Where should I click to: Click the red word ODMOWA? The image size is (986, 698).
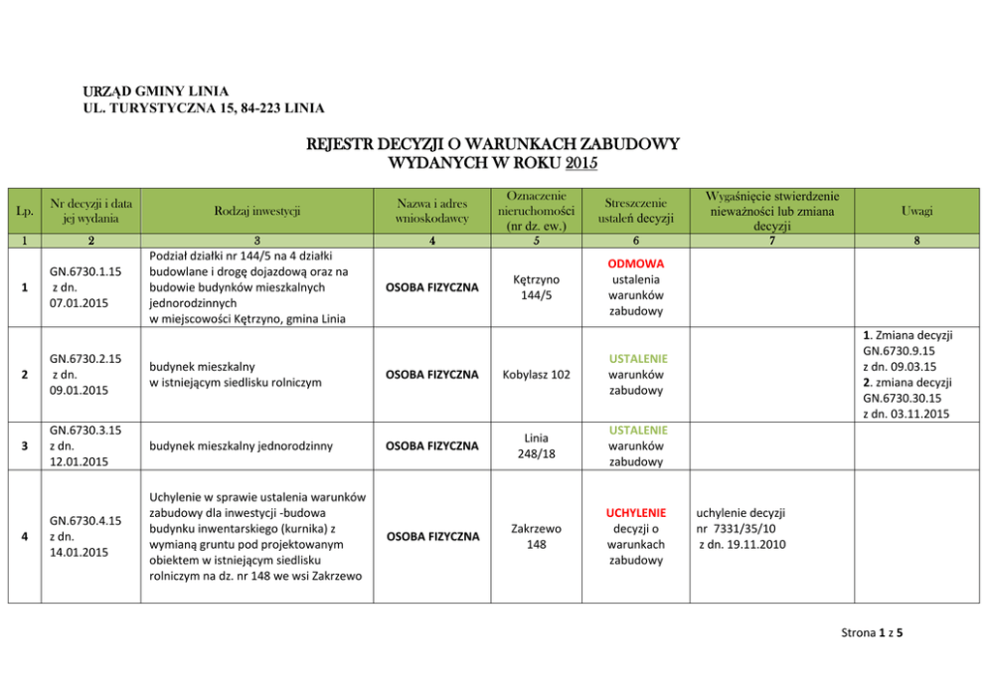635,263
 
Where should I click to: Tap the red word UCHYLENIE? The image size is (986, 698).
635,512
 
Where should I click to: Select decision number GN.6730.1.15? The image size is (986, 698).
88,271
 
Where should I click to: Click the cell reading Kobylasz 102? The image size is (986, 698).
536,375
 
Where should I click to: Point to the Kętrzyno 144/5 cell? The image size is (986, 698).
536,287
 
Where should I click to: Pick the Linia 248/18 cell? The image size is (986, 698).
536,445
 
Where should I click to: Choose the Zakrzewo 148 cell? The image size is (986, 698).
536,536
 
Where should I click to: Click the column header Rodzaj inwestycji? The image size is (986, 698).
255,210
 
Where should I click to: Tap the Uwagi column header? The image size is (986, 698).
916,211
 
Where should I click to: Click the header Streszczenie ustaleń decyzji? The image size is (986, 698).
635,211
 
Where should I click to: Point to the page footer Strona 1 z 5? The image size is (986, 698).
872,631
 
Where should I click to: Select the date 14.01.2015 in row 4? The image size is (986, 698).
79,553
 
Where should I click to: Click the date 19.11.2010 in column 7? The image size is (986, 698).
744,544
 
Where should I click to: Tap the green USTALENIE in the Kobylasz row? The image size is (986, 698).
635,358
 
